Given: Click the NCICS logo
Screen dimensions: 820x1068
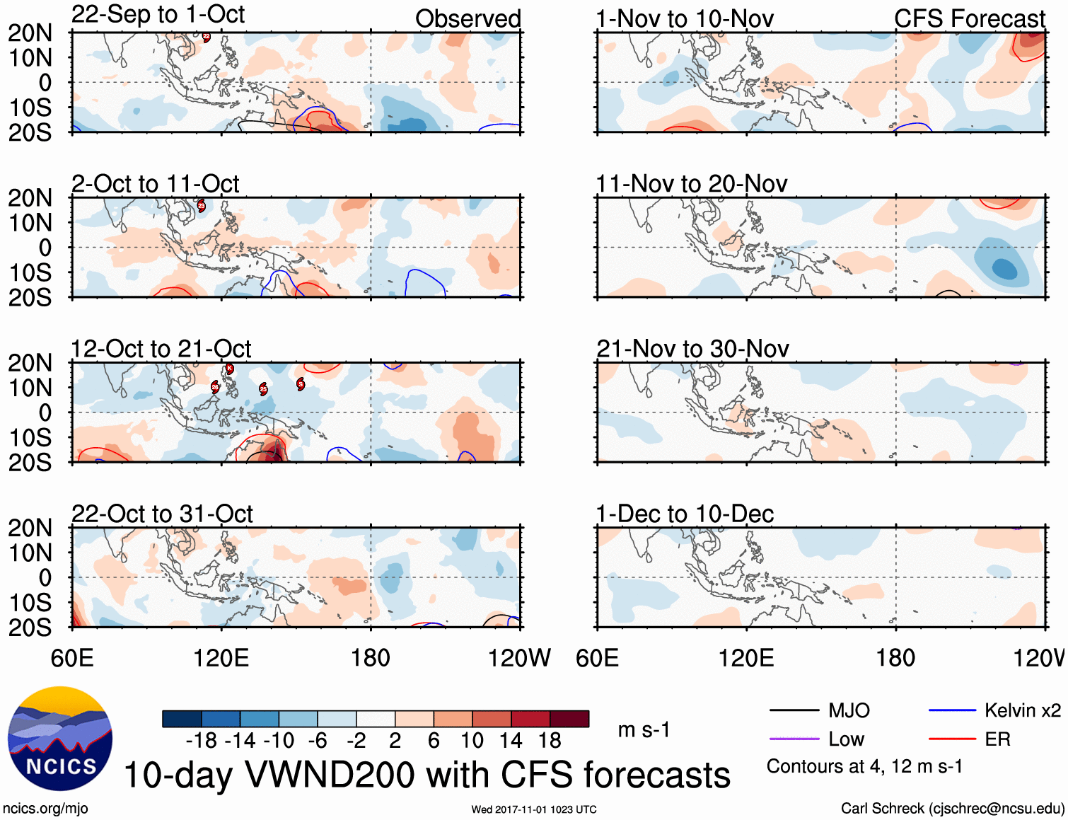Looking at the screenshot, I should click(60, 739).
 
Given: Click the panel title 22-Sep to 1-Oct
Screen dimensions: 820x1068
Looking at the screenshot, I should click(158, 15).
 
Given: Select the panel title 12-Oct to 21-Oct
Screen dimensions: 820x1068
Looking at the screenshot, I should click(161, 349).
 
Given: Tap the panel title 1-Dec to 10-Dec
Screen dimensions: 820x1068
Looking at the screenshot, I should click(685, 514).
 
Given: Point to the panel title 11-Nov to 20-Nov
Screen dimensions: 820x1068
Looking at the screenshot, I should click(691, 184).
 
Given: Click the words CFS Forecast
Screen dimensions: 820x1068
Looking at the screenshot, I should click(969, 19).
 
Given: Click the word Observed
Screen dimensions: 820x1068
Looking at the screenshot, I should click(468, 19).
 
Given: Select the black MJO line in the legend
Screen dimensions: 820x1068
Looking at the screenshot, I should click(794, 710).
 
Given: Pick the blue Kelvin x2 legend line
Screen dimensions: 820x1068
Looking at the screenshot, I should click(952, 710).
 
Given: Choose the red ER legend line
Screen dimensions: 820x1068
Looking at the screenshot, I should click(952, 739).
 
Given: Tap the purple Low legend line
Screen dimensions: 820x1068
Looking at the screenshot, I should click(794, 739).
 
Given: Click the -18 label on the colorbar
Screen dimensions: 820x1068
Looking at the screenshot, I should click(202, 741).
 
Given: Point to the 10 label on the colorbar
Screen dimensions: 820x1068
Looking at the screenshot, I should click(472, 741).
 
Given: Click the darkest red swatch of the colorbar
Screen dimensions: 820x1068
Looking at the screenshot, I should click(569, 719).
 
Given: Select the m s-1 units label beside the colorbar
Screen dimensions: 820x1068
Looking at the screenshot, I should click(644, 729).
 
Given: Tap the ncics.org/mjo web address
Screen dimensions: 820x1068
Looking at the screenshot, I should click(45, 808).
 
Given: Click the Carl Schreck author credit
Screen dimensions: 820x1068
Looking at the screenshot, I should click(952, 808).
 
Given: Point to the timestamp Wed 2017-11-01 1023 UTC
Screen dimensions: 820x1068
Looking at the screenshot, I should click(534, 809).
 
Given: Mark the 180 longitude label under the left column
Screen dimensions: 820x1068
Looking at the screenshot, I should click(371, 658).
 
